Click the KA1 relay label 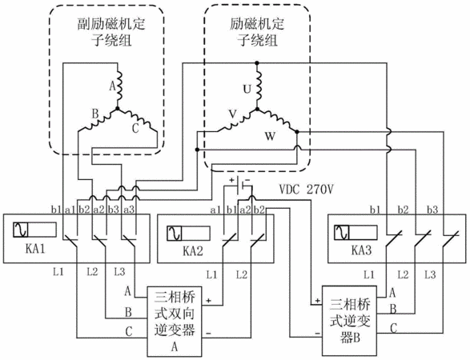pyautogui.click(x=35, y=249)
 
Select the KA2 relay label pyautogui.click(x=193, y=251)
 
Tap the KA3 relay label pyautogui.click(x=361, y=250)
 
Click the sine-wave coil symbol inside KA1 pyautogui.click(x=20, y=230)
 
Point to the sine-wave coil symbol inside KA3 pyautogui.click(x=341, y=233)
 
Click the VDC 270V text pyautogui.click(x=306, y=190)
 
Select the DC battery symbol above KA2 pyautogui.click(x=239, y=186)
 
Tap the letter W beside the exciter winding pyautogui.click(x=270, y=136)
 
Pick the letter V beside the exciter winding pyautogui.click(x=233, y=114)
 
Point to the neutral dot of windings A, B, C pyautogui.click(x=118, y=109)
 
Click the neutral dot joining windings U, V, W pyautogui.click(x=257, y=110)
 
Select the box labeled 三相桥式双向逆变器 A pyautogui.click(x=175, y=322)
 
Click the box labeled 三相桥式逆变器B pyautogui.click(x=350, y=321)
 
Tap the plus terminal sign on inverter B pyautogui.click(x=317, y=301)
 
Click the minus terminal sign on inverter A pyautogui.click(x=209, y=334)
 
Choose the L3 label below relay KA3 pyautogui.click(x=430, y=274)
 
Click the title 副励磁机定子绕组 pyautogui.click(x=111, y=32)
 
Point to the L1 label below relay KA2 pyautogui.click(x=211, y=274)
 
